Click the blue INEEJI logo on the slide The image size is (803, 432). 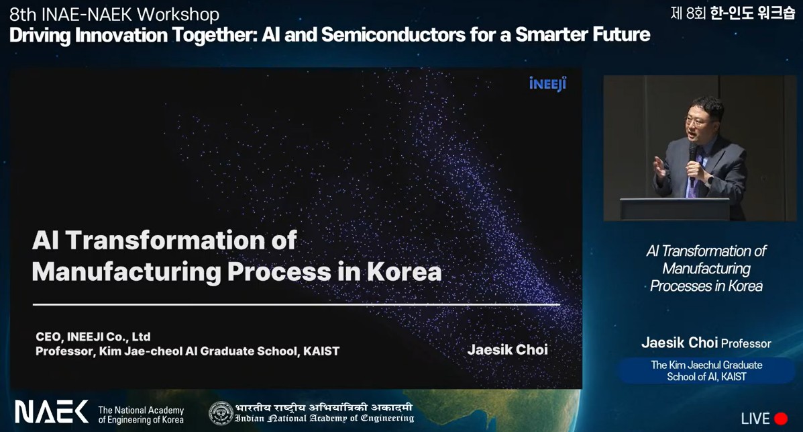(x=547, y=83)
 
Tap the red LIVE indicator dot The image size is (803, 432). (x=780, y=419)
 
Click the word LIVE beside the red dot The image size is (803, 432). (x=755, y=419)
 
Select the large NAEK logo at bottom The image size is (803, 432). (x=51, y=411)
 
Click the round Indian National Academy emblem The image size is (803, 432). (x=221, y=414)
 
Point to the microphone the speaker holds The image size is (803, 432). (x=693, y=154)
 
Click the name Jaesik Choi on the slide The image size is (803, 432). (x=508, y=349)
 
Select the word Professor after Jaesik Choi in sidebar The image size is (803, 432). (x=746, y=343)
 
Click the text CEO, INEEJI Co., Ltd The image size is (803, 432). (x=93, y=337)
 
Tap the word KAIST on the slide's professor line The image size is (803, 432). (x=321, y=351)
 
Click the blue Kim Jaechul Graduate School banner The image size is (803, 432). (x=706, y=370)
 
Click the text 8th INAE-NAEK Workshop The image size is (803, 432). (x=114, y=14)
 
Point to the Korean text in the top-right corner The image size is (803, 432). (x=733, y=13)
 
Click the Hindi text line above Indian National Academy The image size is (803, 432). (x=323, y=408)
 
